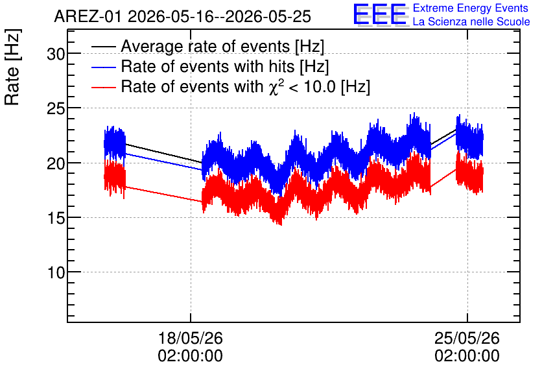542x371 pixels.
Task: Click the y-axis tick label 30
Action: [x=56, y=54]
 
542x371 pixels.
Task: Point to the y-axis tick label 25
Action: [x=56, y=108]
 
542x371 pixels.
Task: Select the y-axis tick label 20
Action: [x=56, y=163]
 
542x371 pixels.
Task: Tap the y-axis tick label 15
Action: [x=56, y=218]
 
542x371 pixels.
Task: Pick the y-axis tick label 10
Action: [x=56, y=272]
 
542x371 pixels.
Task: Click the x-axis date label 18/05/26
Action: [x=191, y=338]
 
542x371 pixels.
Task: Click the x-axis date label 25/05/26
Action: [x=467, y=338]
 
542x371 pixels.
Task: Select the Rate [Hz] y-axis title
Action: [x=12, y=67]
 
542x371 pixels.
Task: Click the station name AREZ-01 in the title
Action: [x=88, y=17]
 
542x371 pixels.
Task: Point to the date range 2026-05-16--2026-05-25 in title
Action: [x=220, y=17]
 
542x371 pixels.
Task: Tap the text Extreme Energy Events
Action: [x=471, y=8]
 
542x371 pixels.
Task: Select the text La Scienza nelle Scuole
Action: [x=471, y=22]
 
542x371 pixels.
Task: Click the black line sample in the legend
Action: [x=103, y=46]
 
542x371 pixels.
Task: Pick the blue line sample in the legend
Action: [x=103, y=67]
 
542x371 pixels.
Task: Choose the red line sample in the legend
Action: [x=103, y=87]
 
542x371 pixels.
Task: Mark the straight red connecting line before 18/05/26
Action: [x=163, y=194]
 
